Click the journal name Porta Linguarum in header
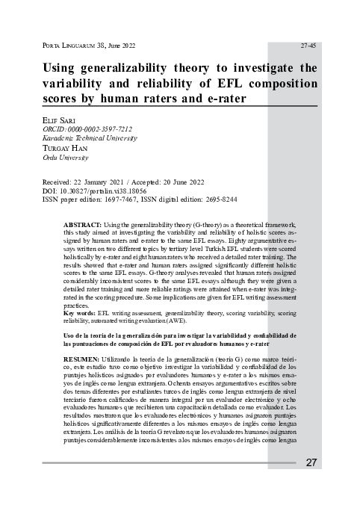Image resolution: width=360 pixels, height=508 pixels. click(x=66, y=46)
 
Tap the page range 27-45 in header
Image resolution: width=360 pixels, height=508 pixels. click(x=307, y=46)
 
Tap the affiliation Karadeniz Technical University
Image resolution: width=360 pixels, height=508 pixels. click(x=90, y=138)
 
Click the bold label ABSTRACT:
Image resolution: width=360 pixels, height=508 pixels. click(x=84, y=224)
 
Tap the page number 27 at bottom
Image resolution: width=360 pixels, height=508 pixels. click(x=311, y=462)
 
